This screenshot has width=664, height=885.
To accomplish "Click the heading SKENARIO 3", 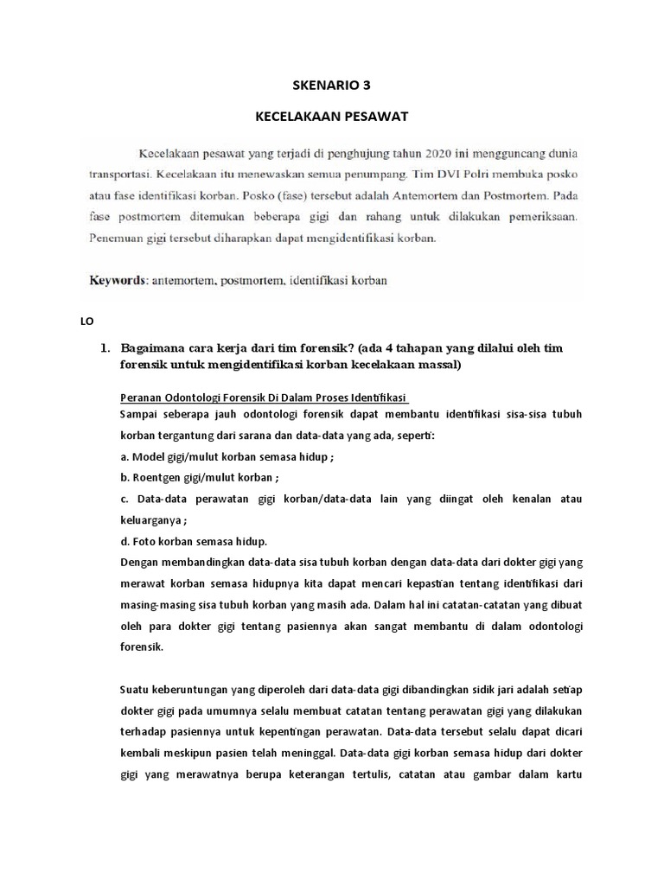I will pos(332,85).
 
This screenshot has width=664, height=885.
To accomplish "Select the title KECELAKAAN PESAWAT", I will pos(332,115).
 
